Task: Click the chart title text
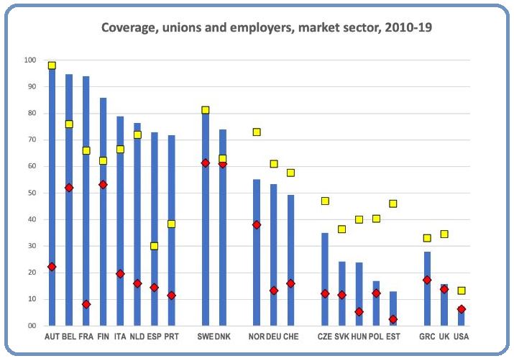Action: (x=266, y=28)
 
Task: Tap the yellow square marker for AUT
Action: (x=52, y=65)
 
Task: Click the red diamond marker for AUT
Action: (x=52, y=267)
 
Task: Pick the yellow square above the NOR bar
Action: (x=257, y=132)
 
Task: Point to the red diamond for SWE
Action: (x=206, y=163)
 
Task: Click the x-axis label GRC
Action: (x=427, y=337)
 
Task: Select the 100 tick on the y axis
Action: (x=30, y=60)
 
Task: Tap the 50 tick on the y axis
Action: (x=32, y=193)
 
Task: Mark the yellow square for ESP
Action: (x=154, y=246)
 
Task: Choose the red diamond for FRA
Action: (x=86, y=304)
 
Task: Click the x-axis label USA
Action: (x=462, y=337)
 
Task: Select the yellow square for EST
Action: (x=393, y=204)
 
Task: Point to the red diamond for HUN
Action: (x=359, y=312)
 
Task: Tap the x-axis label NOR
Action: (x=256, y=337)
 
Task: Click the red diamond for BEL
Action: (x=69, y=188)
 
